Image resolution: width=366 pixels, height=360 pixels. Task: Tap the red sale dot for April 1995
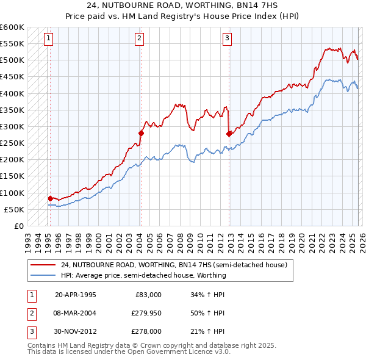click(50, 198)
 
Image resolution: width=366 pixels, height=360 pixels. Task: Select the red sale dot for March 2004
click(140, 133)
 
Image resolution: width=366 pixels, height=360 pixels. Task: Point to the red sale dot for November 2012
click(229, 134)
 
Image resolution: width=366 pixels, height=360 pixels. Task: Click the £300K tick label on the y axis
click(12, 126)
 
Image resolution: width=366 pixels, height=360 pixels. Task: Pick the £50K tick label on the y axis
click(14, 209)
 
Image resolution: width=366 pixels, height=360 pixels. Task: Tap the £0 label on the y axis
click(20, 226)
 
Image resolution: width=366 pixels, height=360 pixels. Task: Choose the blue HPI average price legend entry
click(143, 275)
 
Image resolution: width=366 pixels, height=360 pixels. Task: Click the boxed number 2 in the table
click(30, 313)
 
